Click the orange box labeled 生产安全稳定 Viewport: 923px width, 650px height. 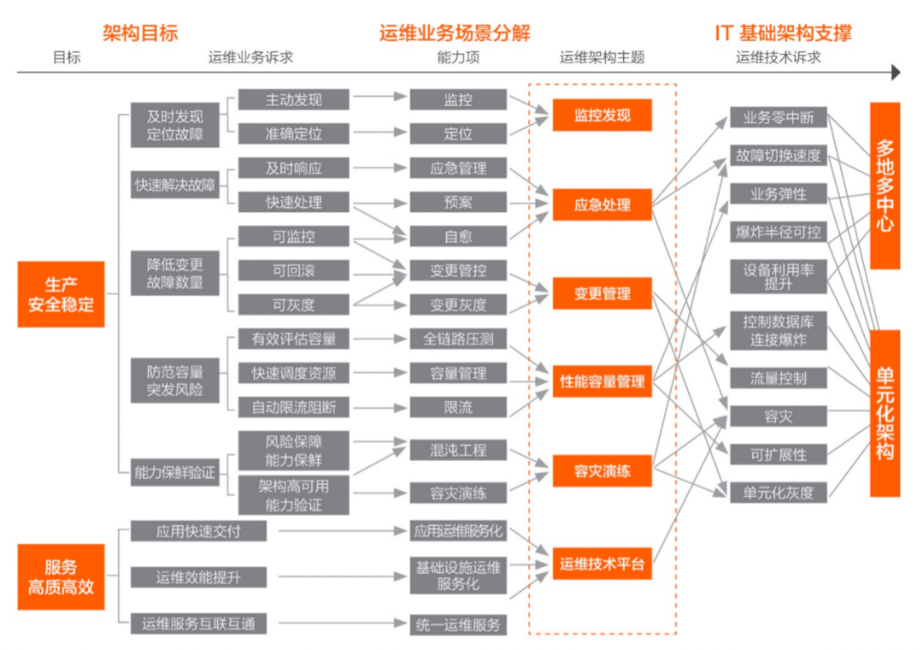click(62, 294)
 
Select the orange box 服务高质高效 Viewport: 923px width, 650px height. click(62, 577)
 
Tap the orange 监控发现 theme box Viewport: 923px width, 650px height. click(603, 115)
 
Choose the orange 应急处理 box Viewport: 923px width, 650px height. click(603, 204)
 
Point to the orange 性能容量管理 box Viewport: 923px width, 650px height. click(603, 381)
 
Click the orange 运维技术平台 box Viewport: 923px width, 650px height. click(603, 564)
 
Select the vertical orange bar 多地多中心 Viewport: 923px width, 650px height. click(885, 186)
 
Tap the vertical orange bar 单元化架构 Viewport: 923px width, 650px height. click(885, 413)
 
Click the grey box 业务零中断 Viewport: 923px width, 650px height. click(779, 117)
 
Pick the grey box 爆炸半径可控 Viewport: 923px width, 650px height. click(779, 232)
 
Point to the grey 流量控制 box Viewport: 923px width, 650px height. click(779, 378)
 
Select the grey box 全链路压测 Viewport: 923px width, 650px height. click(458, 339)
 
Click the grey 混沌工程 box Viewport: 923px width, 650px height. click(458, 450)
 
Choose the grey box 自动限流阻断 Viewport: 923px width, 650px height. click(294, 407)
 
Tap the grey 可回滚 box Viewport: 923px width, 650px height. click(294, 270)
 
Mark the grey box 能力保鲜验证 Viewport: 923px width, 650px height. click(175, 472)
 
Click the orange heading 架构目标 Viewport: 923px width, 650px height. click(140, 33)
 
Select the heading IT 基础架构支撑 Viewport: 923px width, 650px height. click(783, 33)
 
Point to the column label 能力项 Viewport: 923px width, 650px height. click(458, 57)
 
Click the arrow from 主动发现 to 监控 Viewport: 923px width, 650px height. click(379, 96)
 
